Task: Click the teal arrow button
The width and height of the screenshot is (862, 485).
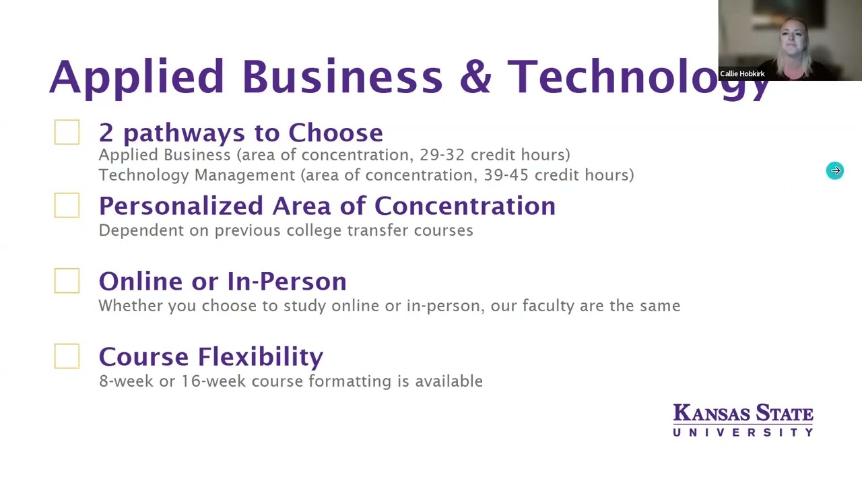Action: pyautogui.click(x=834, y=170)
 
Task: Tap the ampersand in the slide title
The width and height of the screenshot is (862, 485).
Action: pyautogui.click(x=475, y=76)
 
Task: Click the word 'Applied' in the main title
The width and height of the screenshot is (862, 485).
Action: pyautogui.click(x=137, y=78)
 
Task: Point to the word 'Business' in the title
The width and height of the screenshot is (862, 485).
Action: pyautogui.click(x=343, y=76)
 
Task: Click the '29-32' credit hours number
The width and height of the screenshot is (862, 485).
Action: pyautogui.click(x=442, y=155)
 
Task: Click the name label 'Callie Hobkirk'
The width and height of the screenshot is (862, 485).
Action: pyautogui.click(x=742, y=73)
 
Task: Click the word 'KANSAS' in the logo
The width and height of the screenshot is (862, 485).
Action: pyautogui.click(x=712, y=414)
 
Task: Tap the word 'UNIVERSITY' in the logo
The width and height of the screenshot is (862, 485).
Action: pyautogui.click(x=743, y=432)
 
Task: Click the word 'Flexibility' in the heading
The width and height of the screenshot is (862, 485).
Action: pyautogui.click(x=261, y=358)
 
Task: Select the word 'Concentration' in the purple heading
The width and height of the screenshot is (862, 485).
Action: pyautogui.click(x=465, y=206)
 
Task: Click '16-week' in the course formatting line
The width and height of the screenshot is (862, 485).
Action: pyautogui.click(x=213, y=381)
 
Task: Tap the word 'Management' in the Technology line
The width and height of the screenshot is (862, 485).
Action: pyautogui.click(x=244, y=176)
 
